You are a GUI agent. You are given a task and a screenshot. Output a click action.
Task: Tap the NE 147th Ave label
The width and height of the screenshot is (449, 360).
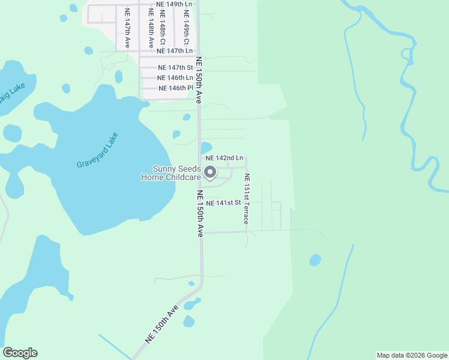(x=127, y=28)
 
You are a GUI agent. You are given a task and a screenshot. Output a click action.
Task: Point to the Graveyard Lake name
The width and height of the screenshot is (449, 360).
(x=98, y=150)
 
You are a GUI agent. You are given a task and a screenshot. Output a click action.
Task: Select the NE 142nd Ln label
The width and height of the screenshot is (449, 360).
(x=224, y=158)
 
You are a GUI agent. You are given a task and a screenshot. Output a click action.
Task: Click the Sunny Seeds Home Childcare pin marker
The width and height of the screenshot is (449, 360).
(x=210, y=173)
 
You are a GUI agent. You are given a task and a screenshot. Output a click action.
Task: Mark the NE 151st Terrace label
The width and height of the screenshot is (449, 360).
(x=246, y=199)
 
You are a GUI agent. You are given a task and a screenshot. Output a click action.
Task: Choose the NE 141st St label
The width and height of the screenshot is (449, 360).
(x=223, y=203)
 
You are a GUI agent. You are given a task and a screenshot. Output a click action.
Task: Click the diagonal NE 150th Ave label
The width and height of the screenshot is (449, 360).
(x=162, y=324)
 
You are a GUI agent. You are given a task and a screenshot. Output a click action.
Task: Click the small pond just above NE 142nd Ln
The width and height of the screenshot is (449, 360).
(x=206, y=147)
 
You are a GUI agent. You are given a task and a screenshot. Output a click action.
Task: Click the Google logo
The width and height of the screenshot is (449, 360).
(x=20, y=353)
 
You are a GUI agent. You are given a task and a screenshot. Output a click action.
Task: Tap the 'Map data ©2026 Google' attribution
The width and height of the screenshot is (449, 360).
(x=412, y=355)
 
